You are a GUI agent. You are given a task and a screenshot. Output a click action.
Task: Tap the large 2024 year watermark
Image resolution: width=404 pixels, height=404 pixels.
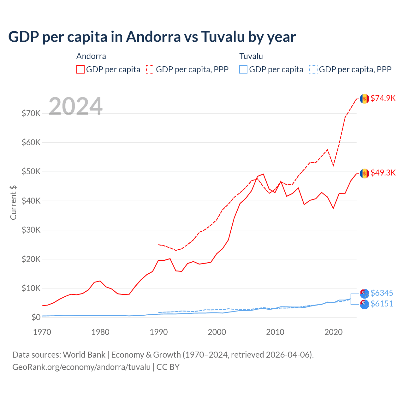[x=75, y=106]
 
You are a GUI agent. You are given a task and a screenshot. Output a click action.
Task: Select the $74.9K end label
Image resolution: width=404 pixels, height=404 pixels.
[x=383, y=98]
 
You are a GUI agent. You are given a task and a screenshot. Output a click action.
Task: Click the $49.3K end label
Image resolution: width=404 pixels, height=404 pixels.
[x=383, y=173]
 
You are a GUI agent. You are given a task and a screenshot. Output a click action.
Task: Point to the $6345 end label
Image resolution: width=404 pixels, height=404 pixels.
[x=382, y=293]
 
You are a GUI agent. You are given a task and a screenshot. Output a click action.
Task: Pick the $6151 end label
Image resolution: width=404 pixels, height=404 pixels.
[x=382, y=304]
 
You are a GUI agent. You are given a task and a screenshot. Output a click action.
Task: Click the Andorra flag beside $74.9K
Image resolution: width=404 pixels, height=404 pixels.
[x=365, y=99]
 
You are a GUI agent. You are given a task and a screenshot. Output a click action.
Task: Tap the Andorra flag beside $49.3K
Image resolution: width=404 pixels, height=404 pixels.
[x=365, y=173]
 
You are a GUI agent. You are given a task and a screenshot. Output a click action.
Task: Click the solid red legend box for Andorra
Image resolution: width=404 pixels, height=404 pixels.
[x=80, y=69]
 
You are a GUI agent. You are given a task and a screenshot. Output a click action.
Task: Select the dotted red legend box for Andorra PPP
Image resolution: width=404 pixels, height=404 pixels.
[x=150, y=69]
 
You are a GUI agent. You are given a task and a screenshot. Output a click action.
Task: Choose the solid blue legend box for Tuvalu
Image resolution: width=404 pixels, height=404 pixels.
[x=243, y=69]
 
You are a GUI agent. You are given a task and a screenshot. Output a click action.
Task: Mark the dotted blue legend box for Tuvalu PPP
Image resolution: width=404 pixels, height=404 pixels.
[x=313, y=69]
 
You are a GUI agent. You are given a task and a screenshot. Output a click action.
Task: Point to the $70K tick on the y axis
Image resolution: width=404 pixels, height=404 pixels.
[x=31, y=113]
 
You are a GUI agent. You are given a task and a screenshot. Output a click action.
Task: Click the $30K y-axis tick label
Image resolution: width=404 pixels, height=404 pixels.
[x=31, y=230]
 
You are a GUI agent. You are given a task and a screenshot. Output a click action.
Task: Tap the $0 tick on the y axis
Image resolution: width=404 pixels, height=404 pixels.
[x=36, y=317]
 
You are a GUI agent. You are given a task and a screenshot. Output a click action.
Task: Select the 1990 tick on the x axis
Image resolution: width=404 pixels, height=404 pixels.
[x=159, y=332]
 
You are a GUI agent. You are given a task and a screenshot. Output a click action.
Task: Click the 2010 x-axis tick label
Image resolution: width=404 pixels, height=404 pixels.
[x=275, y=332]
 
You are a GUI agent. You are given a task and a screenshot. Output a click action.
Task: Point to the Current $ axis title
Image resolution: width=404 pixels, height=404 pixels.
[x=13, y=203]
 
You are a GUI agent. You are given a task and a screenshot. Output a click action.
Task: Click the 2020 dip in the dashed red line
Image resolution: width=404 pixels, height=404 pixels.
[x=333, y=166]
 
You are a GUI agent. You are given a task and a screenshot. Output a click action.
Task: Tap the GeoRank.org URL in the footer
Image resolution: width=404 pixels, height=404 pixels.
[x=81, y=367]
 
